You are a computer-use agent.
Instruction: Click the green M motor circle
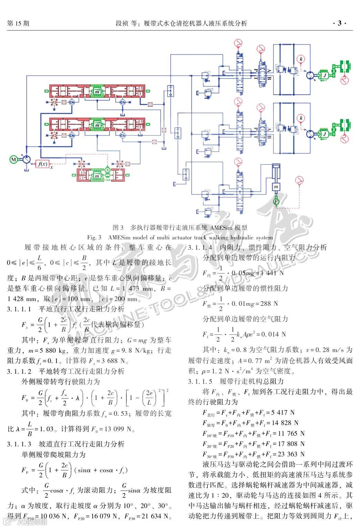tap(14, 159)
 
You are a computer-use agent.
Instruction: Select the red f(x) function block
tap(43, 164)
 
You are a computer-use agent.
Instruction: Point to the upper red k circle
tap(301, 59)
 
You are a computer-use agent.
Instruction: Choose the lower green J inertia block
tap(324, 134)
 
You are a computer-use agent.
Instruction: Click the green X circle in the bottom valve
tap(107, 169)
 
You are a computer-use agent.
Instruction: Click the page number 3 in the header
tap(340, 23)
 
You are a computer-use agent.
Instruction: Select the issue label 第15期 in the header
tap(18, 23)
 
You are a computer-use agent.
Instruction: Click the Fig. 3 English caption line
tap(180, 237)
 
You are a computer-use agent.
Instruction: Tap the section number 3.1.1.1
tap(19, 309)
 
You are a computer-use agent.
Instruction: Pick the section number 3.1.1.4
tap(200, 247)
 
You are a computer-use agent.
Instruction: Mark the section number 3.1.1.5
tap(200, 381)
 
